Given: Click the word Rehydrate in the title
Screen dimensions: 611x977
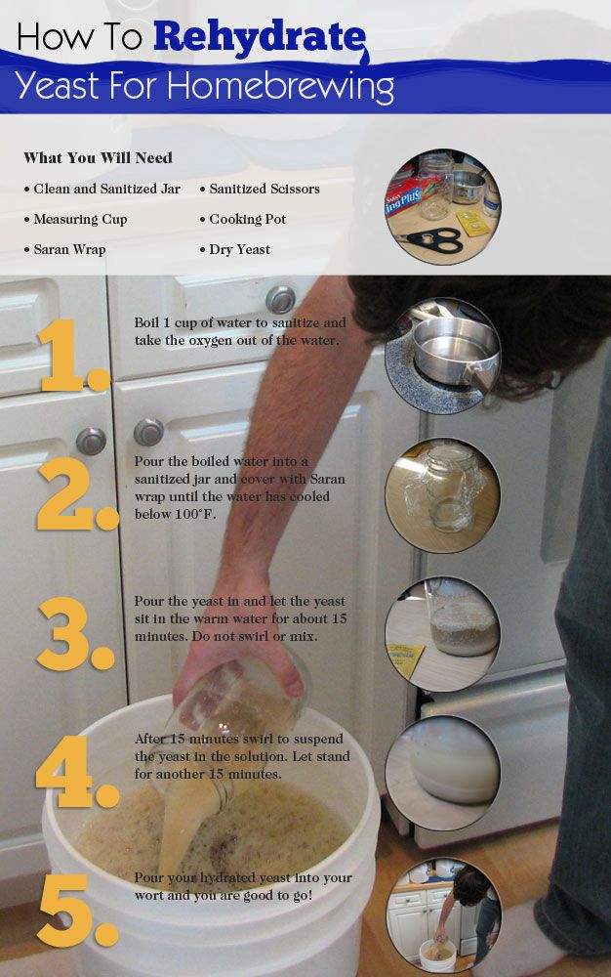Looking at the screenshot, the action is tap(260, 37).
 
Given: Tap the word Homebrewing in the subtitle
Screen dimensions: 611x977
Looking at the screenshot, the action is tap(281, 86).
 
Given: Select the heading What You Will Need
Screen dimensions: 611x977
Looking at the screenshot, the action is tap(98, 157).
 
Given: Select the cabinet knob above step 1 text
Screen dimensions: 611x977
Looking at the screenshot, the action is tap(281, 300).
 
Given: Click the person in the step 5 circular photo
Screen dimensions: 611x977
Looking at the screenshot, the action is tap(467, 905).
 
